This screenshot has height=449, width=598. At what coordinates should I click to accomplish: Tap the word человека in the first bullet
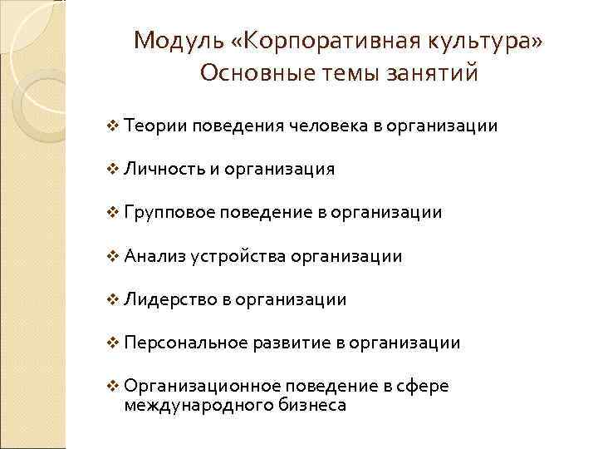point(327,126)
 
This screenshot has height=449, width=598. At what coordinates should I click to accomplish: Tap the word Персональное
point(183,343)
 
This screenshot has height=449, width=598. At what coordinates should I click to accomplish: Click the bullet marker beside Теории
point(114,126)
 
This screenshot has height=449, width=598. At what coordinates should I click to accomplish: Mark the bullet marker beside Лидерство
point(114,299)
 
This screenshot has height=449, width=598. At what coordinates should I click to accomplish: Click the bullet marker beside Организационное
point(114,387)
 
